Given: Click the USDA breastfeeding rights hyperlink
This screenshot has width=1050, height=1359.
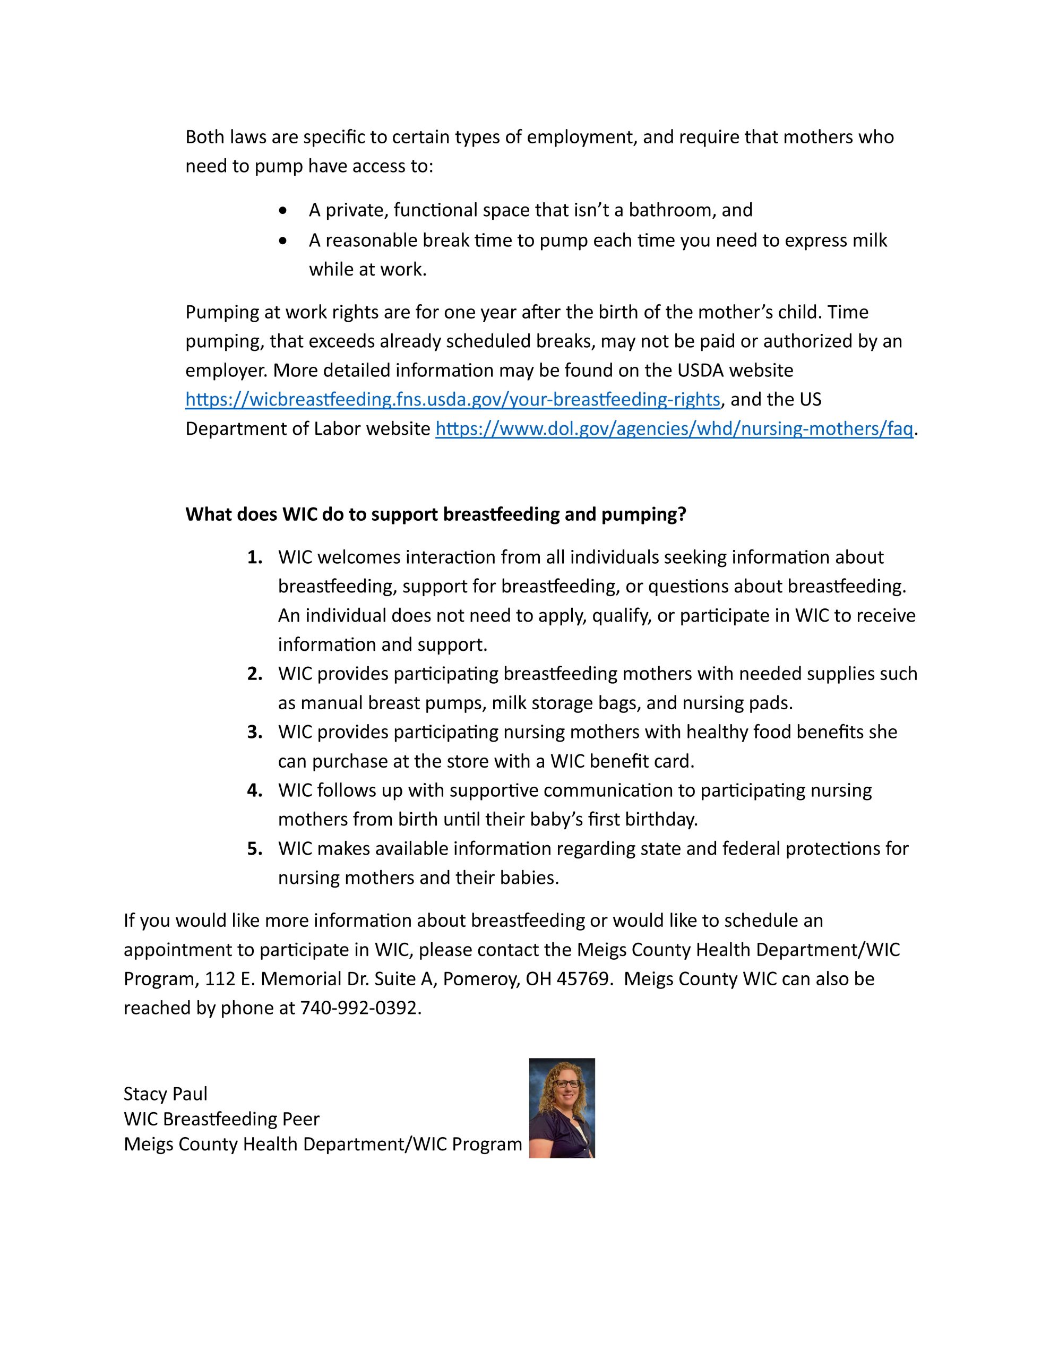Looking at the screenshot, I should (x=452, y=400).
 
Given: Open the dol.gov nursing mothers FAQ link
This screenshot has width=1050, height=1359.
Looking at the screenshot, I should (x=674, y=429).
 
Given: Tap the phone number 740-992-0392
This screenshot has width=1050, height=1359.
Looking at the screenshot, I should (x=360, y=1008).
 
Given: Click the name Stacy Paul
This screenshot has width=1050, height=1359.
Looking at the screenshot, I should (x=166, y=1093).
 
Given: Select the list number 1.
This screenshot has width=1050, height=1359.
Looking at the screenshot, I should (x=254, y=557).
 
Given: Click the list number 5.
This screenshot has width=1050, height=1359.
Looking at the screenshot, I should (x=254, y=849).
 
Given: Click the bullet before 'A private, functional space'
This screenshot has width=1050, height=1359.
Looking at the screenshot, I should (x=284, y=211).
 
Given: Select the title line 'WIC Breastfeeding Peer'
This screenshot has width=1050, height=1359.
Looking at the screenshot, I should (x=221, y=1119).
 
